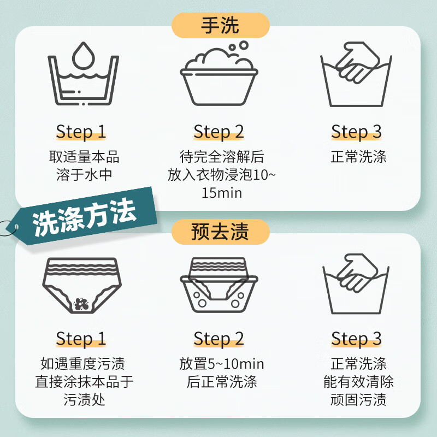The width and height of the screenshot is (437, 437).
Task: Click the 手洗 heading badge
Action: [x=220, y=26]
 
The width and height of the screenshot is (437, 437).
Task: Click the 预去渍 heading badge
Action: [x=220, y=232]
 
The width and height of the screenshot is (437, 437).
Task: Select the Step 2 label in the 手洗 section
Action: [x=218, y=132]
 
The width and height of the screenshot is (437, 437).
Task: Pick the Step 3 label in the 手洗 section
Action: [x=356, y=132]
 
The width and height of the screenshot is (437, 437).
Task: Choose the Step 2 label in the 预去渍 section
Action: [x=218, y=339]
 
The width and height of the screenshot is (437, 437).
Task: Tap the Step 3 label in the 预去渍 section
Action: [x=356, y=339]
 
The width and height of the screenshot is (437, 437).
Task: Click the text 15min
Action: [x=221, y=193]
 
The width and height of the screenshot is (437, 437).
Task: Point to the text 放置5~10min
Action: [x=221, y=364]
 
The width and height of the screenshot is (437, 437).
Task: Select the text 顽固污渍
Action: [x=358, y=399]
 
